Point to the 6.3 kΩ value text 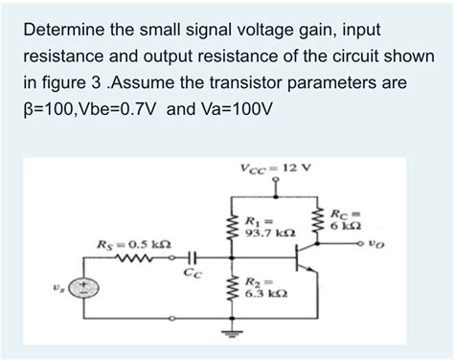tap(262, 295)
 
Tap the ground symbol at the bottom tap(230, 334)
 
